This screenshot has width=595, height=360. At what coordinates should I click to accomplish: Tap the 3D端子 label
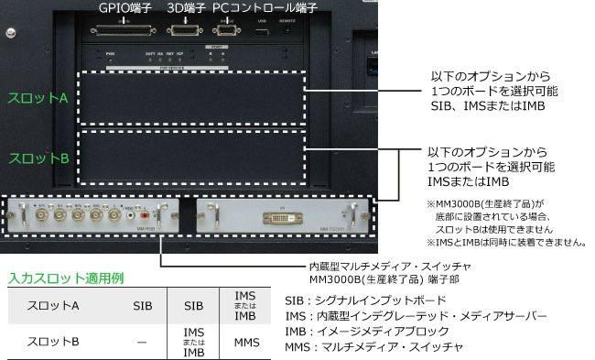click(x=187, y=8)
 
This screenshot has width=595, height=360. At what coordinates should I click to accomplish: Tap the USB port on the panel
click(x=261, y=31)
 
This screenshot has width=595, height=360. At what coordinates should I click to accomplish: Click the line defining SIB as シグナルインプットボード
click(x=366, y=299)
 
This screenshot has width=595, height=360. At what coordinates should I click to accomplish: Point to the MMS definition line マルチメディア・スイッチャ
click(x=376, y=347)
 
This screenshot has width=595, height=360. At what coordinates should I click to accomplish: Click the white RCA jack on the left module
click(x=132, y=220)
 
